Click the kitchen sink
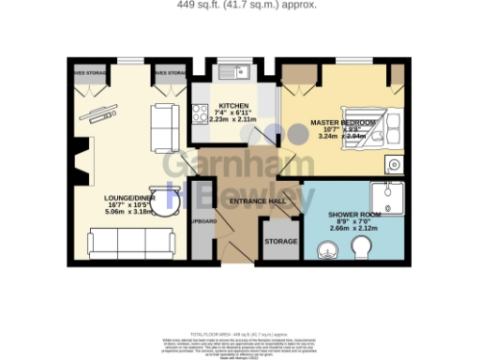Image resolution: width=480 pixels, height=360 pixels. [240, 70]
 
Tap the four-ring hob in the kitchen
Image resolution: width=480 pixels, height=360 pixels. [201, 113]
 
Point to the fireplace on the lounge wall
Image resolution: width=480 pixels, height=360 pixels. [82, 157]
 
